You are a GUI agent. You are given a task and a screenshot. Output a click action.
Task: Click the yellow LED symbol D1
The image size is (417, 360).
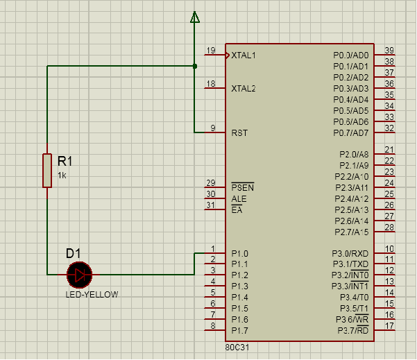pyautogui.click(x=80, y=275)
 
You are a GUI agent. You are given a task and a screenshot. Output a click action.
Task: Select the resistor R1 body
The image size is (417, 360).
pyautogui.click(x=47, y=171)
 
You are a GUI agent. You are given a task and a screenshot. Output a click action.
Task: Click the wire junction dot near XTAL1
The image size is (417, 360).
pyautogui.click(x=195, y=66)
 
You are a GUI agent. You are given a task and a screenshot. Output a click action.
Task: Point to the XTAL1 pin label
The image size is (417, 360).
pyautogui.click(x=244, y=55)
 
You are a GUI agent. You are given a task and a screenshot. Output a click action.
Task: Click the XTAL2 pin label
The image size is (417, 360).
pyautogui.click(x=244, y=89)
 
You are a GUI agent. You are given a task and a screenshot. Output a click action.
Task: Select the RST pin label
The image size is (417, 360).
pyautogui.click(x=239, y=132)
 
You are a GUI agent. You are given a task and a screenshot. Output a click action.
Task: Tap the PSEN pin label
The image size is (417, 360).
pyautogui.click(x=242, y=187)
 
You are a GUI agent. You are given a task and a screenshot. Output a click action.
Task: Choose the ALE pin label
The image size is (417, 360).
pyautogui.click(x=239, y=198)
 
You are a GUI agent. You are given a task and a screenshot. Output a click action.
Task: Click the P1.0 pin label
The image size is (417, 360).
pyautogui.click(x=239, y=253)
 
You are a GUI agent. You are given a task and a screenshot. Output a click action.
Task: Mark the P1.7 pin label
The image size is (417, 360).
pyautogui.click(x=239, y=330)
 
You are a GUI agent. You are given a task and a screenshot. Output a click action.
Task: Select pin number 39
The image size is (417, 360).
pyautogui.click(x=389, y=51)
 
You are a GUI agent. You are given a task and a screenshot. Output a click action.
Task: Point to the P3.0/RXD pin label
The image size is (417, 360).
pyautogui.click(x=350, y=253)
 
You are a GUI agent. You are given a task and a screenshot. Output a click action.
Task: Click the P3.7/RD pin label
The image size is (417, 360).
pyautogui.click(x=352, y=330)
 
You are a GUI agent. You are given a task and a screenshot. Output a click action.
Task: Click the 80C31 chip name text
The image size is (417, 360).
pyautogui.click(x=235, y=347)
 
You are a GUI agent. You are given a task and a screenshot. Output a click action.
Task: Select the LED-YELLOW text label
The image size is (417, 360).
pyautogui.click(x=92, y=294)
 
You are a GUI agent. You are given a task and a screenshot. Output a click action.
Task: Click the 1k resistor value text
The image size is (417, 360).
pyautogui.click(x=62, y=175)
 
